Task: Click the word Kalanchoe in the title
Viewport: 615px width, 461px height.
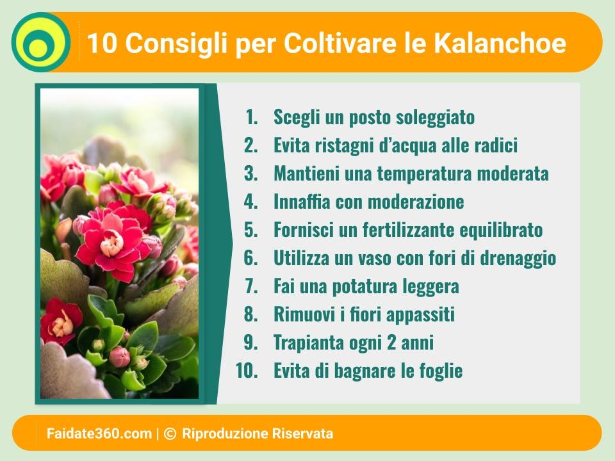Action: click(500, 42)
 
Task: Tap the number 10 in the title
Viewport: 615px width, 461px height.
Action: click(102, 42)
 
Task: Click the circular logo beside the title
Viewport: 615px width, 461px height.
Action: click(41, 42)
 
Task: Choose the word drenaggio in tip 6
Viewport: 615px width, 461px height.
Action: click(518, 259)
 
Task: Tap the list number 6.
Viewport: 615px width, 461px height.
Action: click(250, 258)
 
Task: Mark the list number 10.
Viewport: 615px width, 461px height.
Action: click(247, 371)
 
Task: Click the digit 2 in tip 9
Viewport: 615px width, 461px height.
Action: click(391, 343)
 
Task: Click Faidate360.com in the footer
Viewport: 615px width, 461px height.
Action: click(99, 433)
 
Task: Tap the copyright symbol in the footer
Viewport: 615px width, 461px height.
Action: click(169, 433)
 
